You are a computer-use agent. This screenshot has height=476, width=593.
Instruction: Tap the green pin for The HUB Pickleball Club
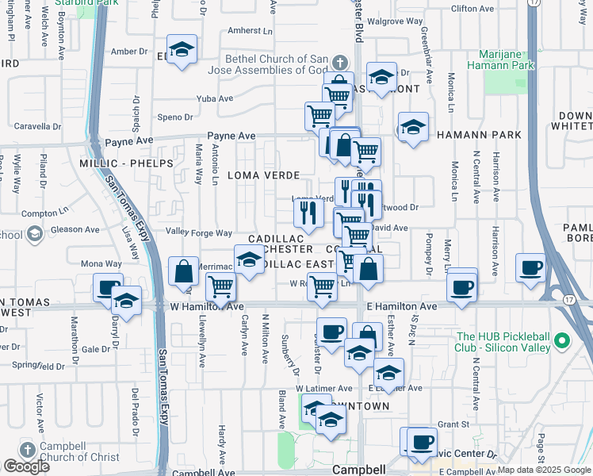[x=562, y=341]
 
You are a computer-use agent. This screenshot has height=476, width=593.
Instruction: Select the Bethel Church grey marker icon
[x=339, y=63]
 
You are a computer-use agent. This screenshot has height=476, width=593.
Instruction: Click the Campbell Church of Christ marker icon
[x=26, y=450]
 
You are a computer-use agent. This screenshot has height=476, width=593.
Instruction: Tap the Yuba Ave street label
[x=215, y=99]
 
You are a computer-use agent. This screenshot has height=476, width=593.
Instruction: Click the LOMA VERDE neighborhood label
[x=264, y=175]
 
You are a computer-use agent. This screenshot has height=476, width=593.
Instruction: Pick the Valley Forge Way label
[x=198, y=232]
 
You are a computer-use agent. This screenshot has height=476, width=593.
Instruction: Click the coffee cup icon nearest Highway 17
[x=530, y=267]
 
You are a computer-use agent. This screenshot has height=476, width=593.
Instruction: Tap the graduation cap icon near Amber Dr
[x=182, y=50]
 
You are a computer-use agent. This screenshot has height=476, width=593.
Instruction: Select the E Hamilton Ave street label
[x=401, y=306]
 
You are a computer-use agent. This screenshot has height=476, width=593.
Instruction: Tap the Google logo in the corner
[x=26, y=466]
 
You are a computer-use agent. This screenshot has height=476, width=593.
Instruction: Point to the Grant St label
[x=454, y=424]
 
